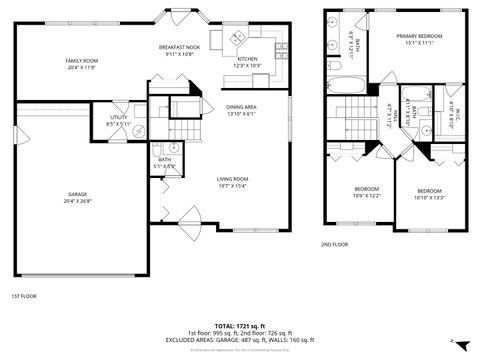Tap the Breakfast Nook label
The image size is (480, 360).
181,51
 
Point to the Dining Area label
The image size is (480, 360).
241,110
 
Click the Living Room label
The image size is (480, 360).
232,182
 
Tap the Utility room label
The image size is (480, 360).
118,121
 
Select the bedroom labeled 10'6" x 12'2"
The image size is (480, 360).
366,192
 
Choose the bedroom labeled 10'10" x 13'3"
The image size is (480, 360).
430,194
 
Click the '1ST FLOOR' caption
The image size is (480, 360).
24,297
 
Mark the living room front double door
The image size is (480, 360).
186,217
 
